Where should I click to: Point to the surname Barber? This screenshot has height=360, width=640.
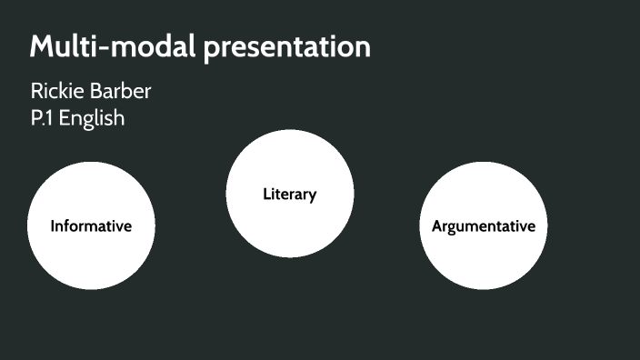[x=120, y=92]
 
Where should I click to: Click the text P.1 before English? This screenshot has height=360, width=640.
[x=42, y=118]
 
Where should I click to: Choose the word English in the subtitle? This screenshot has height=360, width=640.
[x=92, y=119]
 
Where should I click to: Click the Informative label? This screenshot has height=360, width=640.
[x=91, y=226]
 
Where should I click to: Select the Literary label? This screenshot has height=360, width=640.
[x=289, y=195]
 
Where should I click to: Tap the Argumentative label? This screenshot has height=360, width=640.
[x=484, y=226]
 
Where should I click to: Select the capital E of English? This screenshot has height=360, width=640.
[x=65, y=118]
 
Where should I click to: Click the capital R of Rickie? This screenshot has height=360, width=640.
[x=36, y=92]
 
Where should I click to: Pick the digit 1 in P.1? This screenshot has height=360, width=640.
[x=50, y=118]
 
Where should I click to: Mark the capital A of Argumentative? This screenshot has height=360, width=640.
[x=437, y=226]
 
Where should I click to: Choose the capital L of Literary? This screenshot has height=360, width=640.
[x=266, y=195]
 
